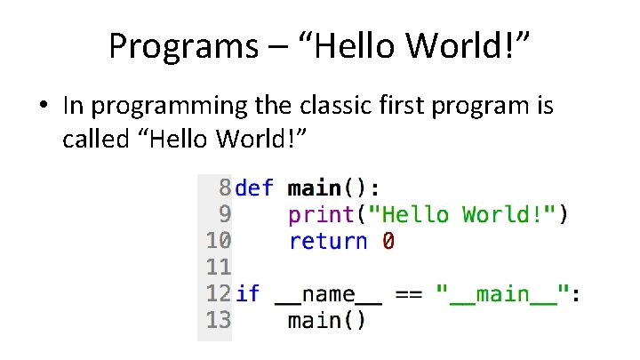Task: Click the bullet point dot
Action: (x=43, y=107)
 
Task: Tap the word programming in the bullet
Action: (x=156, y=107)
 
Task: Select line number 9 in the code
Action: (x=224, y=214)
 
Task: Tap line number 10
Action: (x=219, y=241)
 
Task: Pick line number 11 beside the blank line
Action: (x=219, y=267)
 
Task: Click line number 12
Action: (x=219, y=293)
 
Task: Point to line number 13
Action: (x=219, y=320)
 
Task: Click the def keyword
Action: (x=255, y=188)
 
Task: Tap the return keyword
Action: (x=328, y=241)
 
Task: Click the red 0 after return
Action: (x=388, y=241)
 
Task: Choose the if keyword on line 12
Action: (x=249, y=293)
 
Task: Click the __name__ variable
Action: (x=329, y=293)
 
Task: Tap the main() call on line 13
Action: (x=326, y=320)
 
